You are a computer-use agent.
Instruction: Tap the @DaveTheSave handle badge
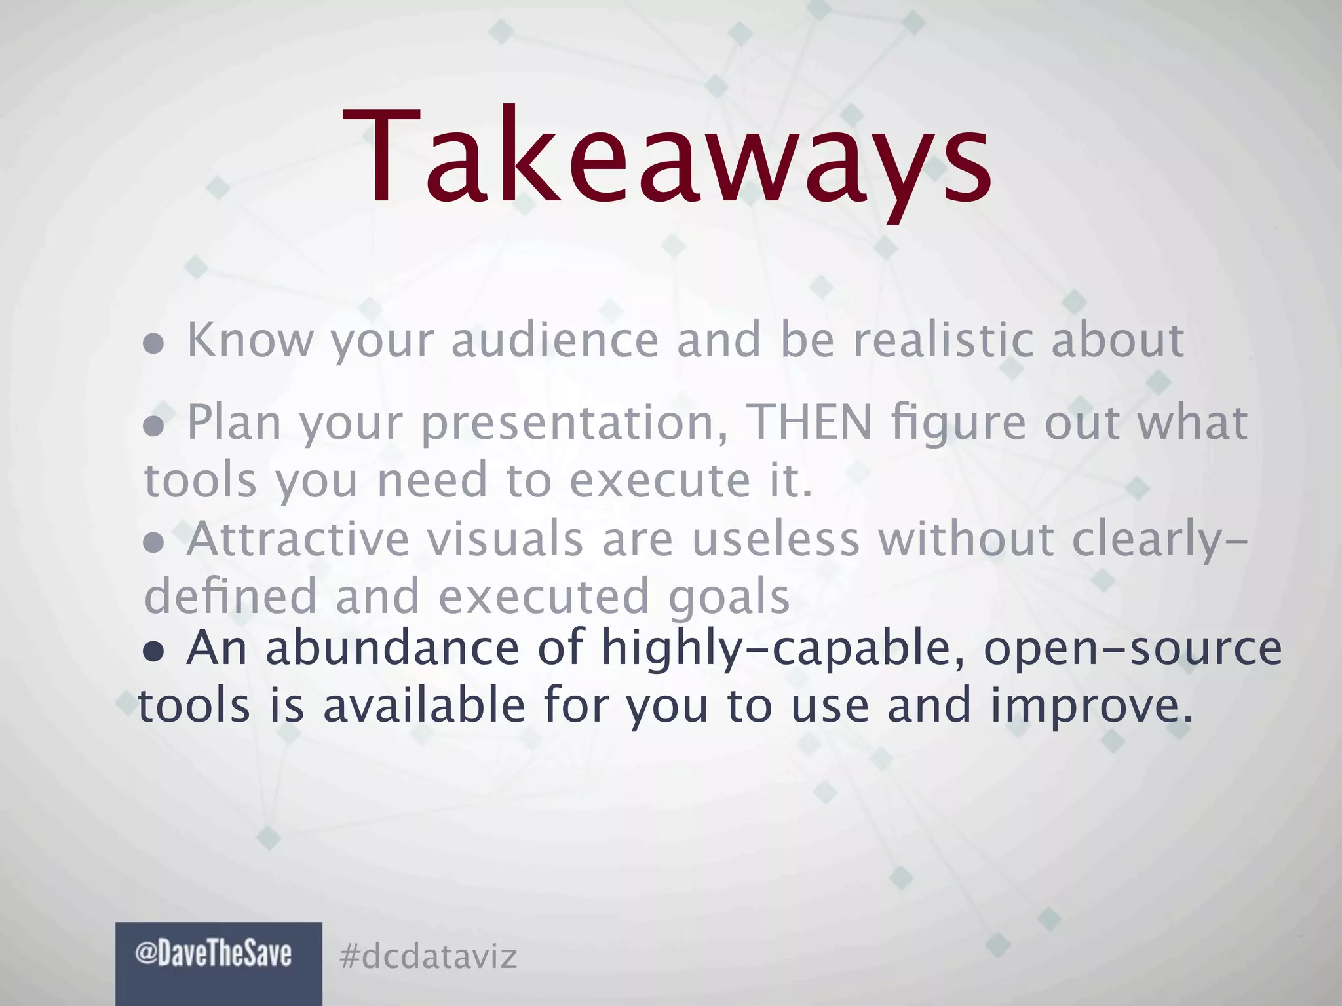(x=214, y=954)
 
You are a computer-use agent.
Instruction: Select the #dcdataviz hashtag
(x=429, y=956)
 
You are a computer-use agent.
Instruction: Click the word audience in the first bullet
(x=555, y=340)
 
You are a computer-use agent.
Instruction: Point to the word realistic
(x=943, y=340)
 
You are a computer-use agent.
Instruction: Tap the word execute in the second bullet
(x=659, y=480)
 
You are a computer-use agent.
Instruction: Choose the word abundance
(x=393, y=648)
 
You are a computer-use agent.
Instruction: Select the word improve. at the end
(x=1091, y=706)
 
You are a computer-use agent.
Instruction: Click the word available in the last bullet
(x=424, y=706)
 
